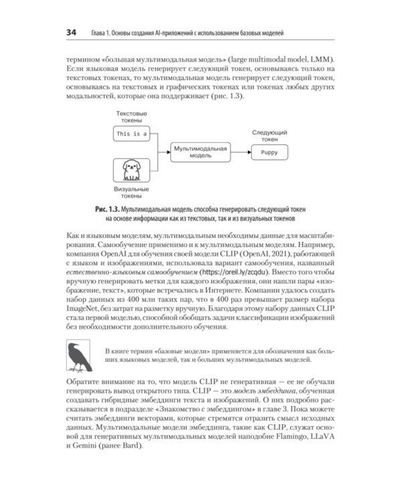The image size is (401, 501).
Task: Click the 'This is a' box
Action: tap(131, 134)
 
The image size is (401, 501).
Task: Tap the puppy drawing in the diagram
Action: tap(131, 170)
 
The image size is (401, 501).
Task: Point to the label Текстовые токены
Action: tap(131, 116)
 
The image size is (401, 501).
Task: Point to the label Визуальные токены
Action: tap(131, 193)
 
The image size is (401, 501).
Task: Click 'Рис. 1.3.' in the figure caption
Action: tap(110, 209)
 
